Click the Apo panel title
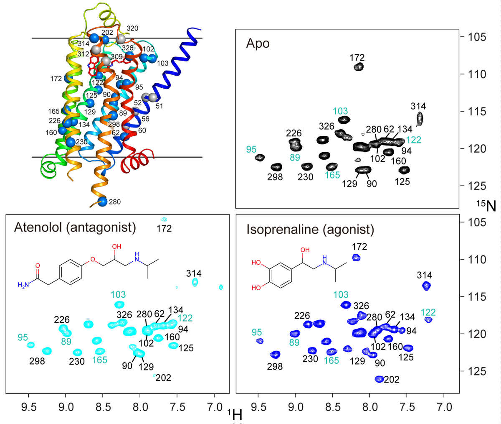click(258, 43)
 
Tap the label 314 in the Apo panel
click(418, 106)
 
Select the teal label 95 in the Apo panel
click(251, 150)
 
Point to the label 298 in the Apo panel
click(275, 177)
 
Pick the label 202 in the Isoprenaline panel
click(391, 380)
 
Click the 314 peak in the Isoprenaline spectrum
click(426, 286)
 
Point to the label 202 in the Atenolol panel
click(163, 378)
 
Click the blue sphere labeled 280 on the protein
click(102, 202)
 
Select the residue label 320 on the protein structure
click(132, 28)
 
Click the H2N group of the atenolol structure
click(24, 285)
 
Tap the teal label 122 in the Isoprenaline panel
click(428, 312)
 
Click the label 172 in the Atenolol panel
click(164, 228)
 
